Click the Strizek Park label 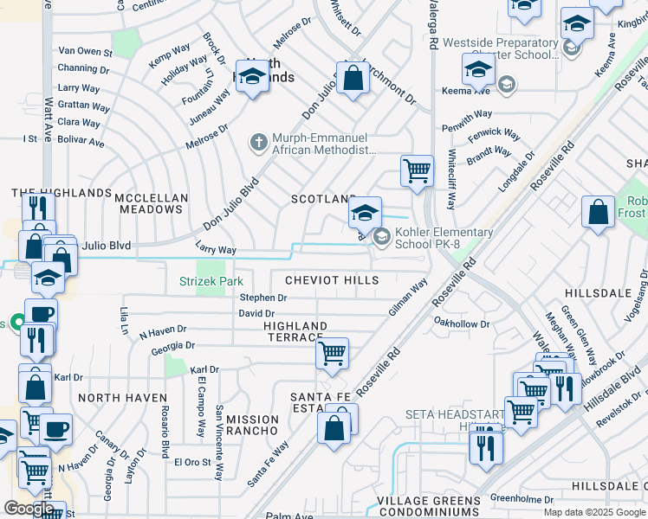(x=211, y=281)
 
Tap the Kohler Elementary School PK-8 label (x=444, y=238)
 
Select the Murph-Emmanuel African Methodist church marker (x=257, y=142)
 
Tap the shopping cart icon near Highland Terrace (x=332, y=354)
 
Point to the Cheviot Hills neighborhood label (x=332, y=280)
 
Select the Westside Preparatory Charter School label (x=500, y=48)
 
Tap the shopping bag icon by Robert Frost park (x=599, y=213)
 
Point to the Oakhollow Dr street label (x=462, y=324)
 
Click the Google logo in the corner (x=29, y=509)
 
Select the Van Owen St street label (x=84, y=52)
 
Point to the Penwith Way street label (x=467, y=113)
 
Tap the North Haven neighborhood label (x=122, y=398)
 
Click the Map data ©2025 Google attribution (x=593, y=512)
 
